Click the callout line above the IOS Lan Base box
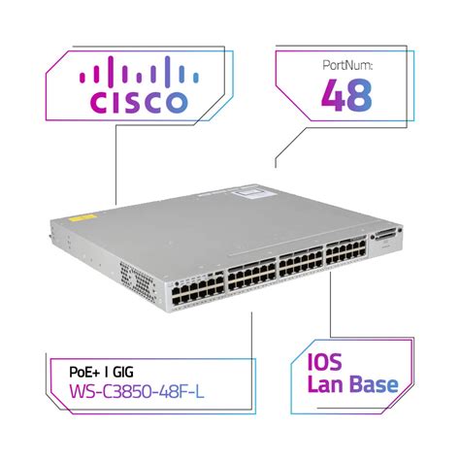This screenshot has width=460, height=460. [334, 311]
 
